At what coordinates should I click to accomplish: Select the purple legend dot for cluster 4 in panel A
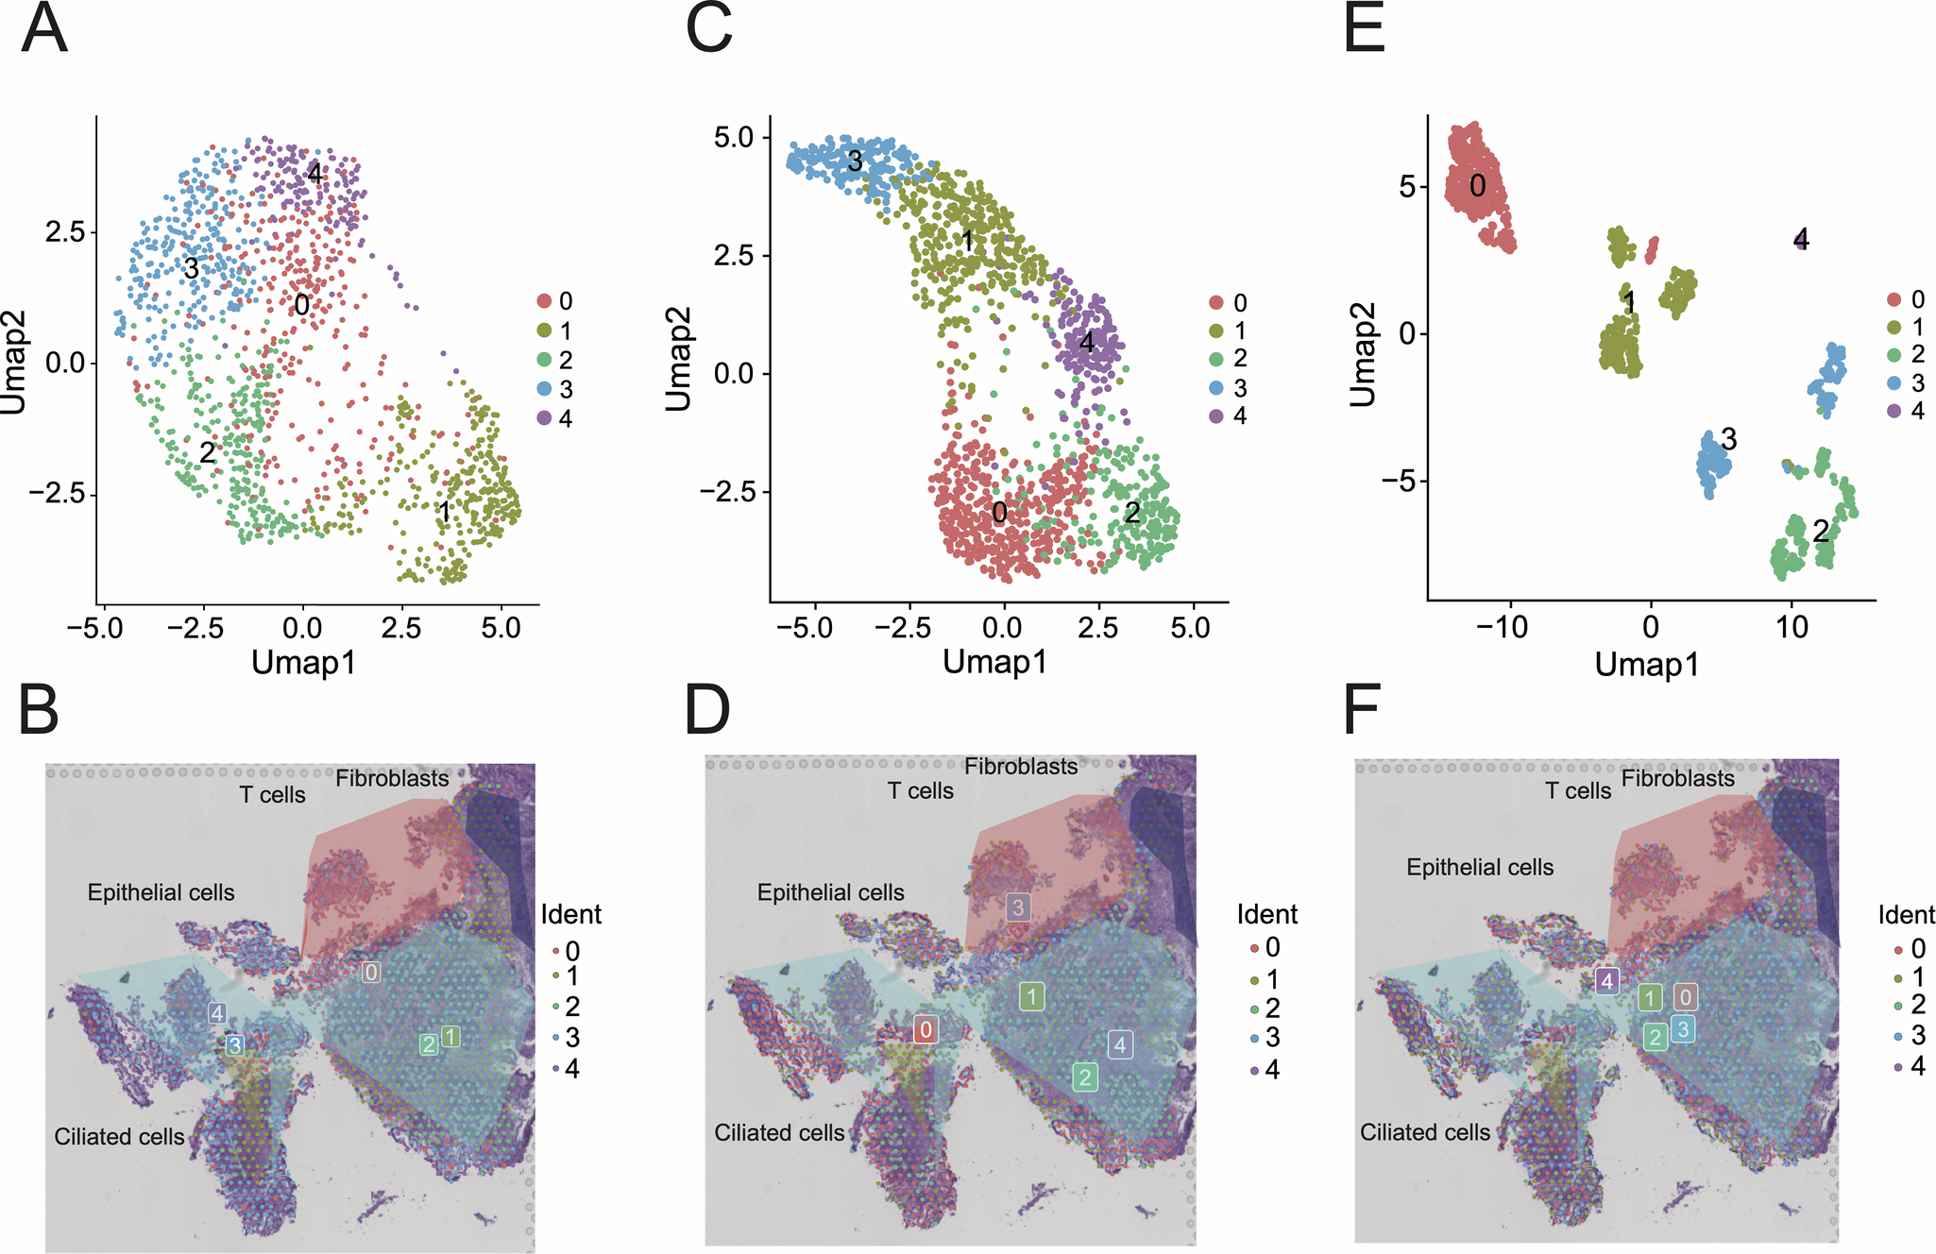(544, 418)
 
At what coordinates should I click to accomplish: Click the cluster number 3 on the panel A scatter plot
(191, 268)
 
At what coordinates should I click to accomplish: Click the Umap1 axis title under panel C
(994, 662)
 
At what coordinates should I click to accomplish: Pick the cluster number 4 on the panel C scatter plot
(1087, 343)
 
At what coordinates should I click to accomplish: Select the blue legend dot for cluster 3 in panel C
(1217, 388)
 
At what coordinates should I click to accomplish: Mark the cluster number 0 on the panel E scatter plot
(1478, 186)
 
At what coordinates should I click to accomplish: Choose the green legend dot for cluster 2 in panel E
(1894, 354)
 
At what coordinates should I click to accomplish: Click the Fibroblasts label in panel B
(392, 779)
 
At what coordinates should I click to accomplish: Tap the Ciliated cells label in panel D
(779, 1132)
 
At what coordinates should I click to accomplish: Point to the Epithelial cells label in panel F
(1480, 867)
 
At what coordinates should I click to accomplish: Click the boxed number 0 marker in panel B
(371, 973)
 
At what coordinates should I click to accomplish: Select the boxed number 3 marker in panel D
(1018, 907)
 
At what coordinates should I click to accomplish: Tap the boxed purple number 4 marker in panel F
(1607, 981)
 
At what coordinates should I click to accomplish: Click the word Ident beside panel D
(1267, 914)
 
